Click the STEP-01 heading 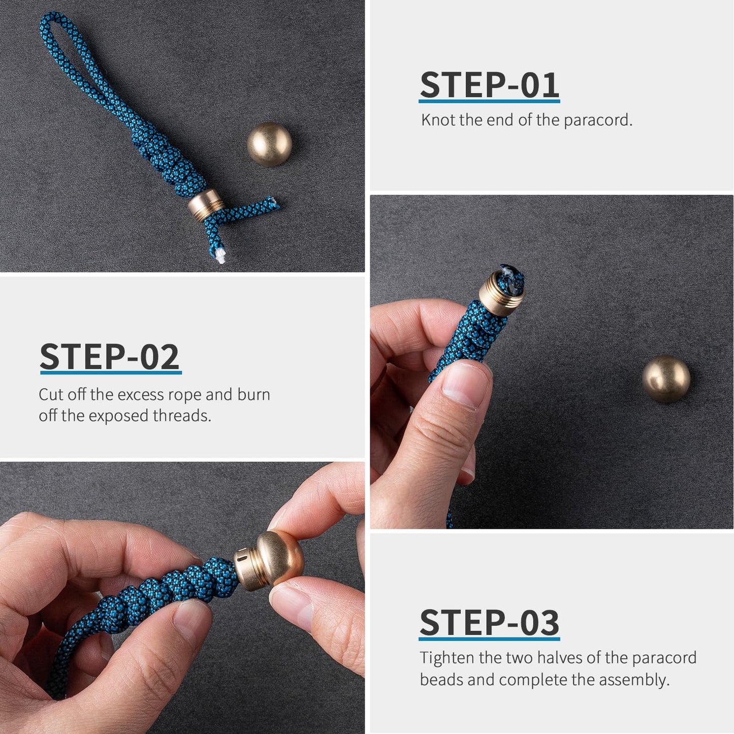[489, 85]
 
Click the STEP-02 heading [110, 357]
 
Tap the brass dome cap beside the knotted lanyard [269, 144]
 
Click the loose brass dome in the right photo [666, 379]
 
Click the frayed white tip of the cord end [220, 257]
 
